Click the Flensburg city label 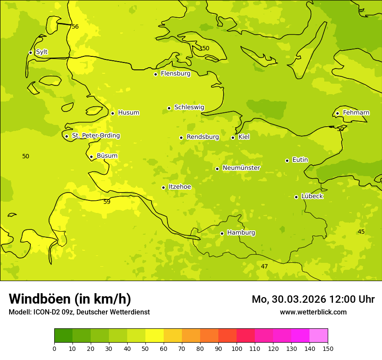(x=175, y=74)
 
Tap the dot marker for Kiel (x=233, y=137)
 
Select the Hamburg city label (x=241, y=233)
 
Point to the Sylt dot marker (x=30, y=52)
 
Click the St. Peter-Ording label (x=95, y=136)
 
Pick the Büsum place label (x=107, y=156)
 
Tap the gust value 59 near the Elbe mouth (x=107, y=202)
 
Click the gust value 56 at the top (x=75, y=27)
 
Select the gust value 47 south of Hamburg (x=264, y=266)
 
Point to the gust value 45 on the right (x=361, y=232)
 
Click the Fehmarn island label (x=356, y=113)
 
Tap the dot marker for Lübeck (x=296, y=197)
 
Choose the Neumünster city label (x=241, y=168)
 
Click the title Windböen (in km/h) (x=70, y=299)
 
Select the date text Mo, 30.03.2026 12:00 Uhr (x=313, y=299)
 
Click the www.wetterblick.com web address (x=313, y=312)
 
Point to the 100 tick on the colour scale (x=237, y=348)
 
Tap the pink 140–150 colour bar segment (x=319, y=336)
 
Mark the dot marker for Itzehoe (x=163, y=187)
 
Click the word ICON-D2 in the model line (x=46, y=312)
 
